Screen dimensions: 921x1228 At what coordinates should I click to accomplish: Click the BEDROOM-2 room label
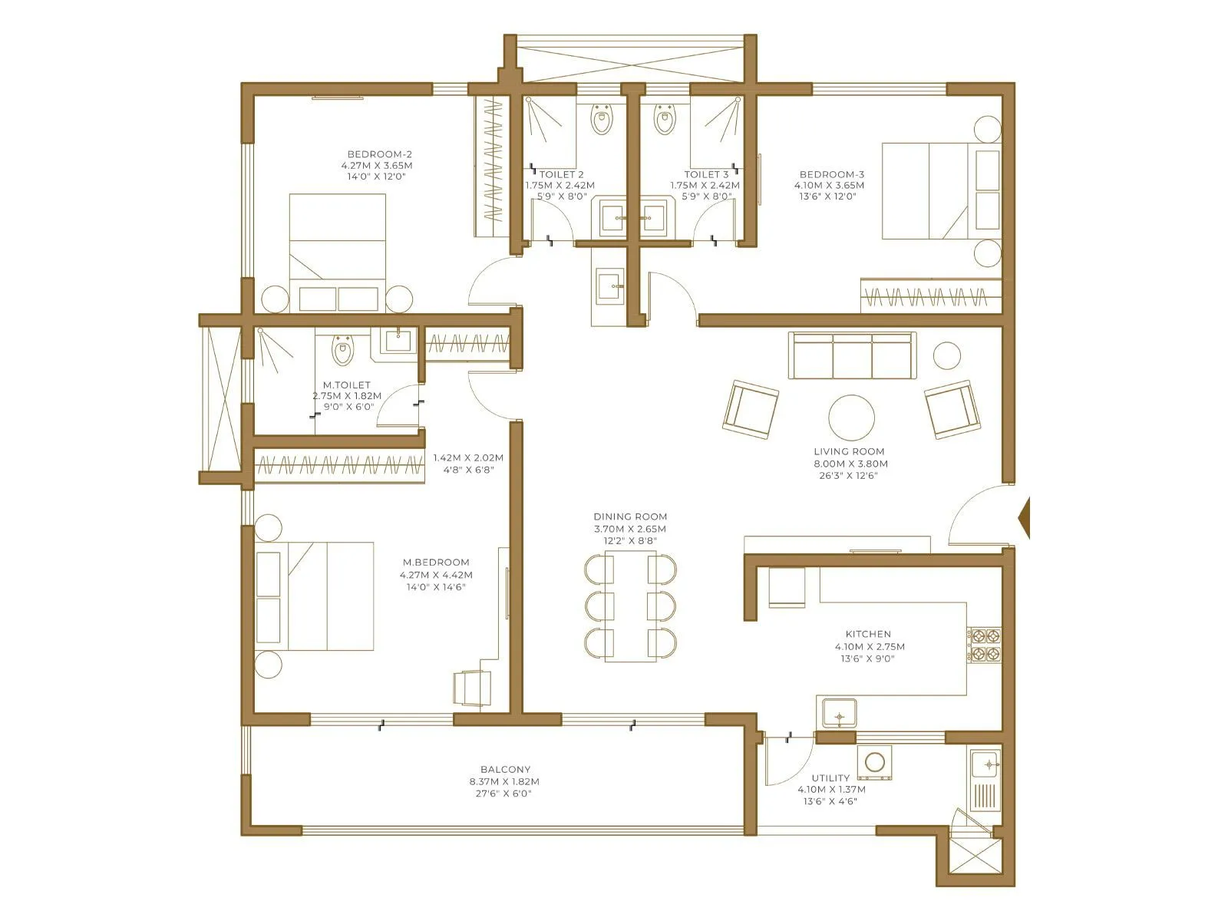coord(379,154)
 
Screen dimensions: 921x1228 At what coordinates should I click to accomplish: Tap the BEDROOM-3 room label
coord(831,175)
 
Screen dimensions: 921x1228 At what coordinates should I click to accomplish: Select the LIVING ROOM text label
coord(849,452)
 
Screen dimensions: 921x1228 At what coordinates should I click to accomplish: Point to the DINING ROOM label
coord(630,517)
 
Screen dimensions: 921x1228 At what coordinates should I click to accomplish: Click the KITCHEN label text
coord(868,635)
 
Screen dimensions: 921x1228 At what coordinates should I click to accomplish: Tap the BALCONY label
coord(505,770)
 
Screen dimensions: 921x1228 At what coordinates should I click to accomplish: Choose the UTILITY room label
coord(830,778)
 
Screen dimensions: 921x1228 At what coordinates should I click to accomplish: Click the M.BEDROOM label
coord(436,563)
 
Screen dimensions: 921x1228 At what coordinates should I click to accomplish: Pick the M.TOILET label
coord(346,385)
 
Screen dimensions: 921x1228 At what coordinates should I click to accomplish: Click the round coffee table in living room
coord(851,418)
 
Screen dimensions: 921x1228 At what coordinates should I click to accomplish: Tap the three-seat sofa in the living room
coord(852,355)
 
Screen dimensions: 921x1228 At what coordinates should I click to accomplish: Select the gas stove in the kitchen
coord(984,645)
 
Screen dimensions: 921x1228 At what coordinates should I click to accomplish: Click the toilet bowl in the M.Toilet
coord(342,352)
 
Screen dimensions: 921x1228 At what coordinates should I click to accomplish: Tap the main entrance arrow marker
coord(1023,518)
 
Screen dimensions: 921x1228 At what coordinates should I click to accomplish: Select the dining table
coord(630,606)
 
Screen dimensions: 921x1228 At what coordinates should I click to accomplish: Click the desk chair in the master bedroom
coord(472,688)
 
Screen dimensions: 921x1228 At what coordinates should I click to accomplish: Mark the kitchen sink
coord(840,713)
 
